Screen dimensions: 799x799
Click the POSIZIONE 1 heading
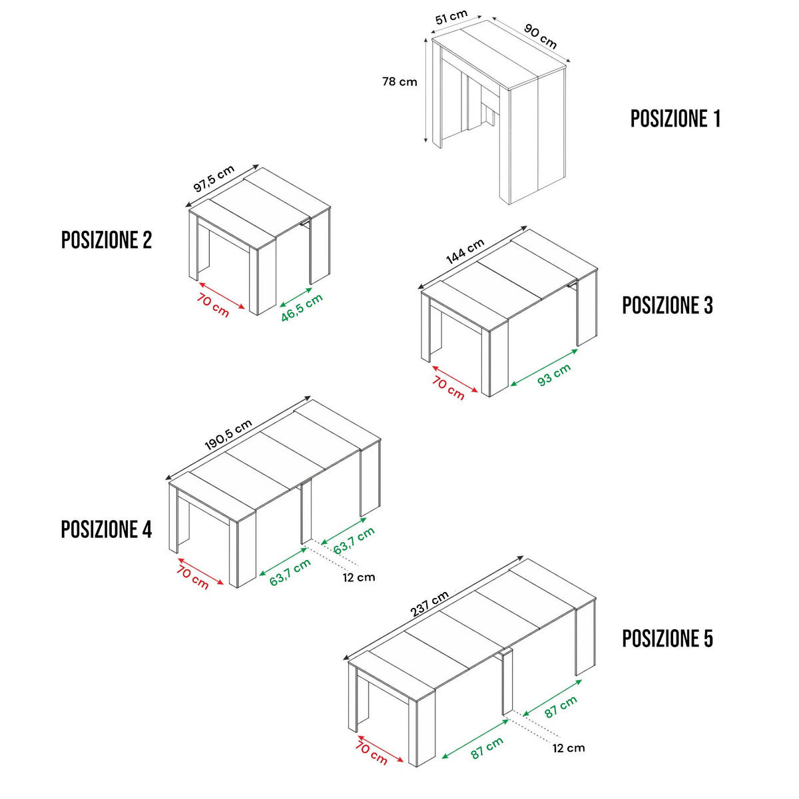(x=675, y=119)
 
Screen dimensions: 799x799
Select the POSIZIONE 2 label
(x=107, y=240)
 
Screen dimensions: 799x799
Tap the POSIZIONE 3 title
(x=667, y=305)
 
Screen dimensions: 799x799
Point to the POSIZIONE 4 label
(x=107, y=529)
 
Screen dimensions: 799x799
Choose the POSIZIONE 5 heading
(x=667, y=639)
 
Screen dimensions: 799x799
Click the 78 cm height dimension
(x=400, y=82)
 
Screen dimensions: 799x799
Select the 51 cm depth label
(x=451, y=17)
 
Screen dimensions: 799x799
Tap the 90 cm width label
(x=540, y=36)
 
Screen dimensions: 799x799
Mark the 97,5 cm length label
(x=214, y=178)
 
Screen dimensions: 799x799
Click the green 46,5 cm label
(x=302, y=308)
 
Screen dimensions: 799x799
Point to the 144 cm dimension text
(x=465, y=251)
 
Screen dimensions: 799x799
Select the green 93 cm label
(x=554, y=374)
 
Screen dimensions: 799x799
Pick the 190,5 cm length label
(x=228, y=435)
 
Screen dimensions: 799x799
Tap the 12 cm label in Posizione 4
(x=359, y=577)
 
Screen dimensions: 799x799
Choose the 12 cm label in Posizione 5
(x=569, y=748)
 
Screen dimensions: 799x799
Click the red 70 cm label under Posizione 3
(x=448, y=388)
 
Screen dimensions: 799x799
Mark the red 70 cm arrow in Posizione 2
(x=222, y=296)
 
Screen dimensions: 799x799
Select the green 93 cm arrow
(x=543, y=368)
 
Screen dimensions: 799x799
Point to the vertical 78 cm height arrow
(x=426, y=90)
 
